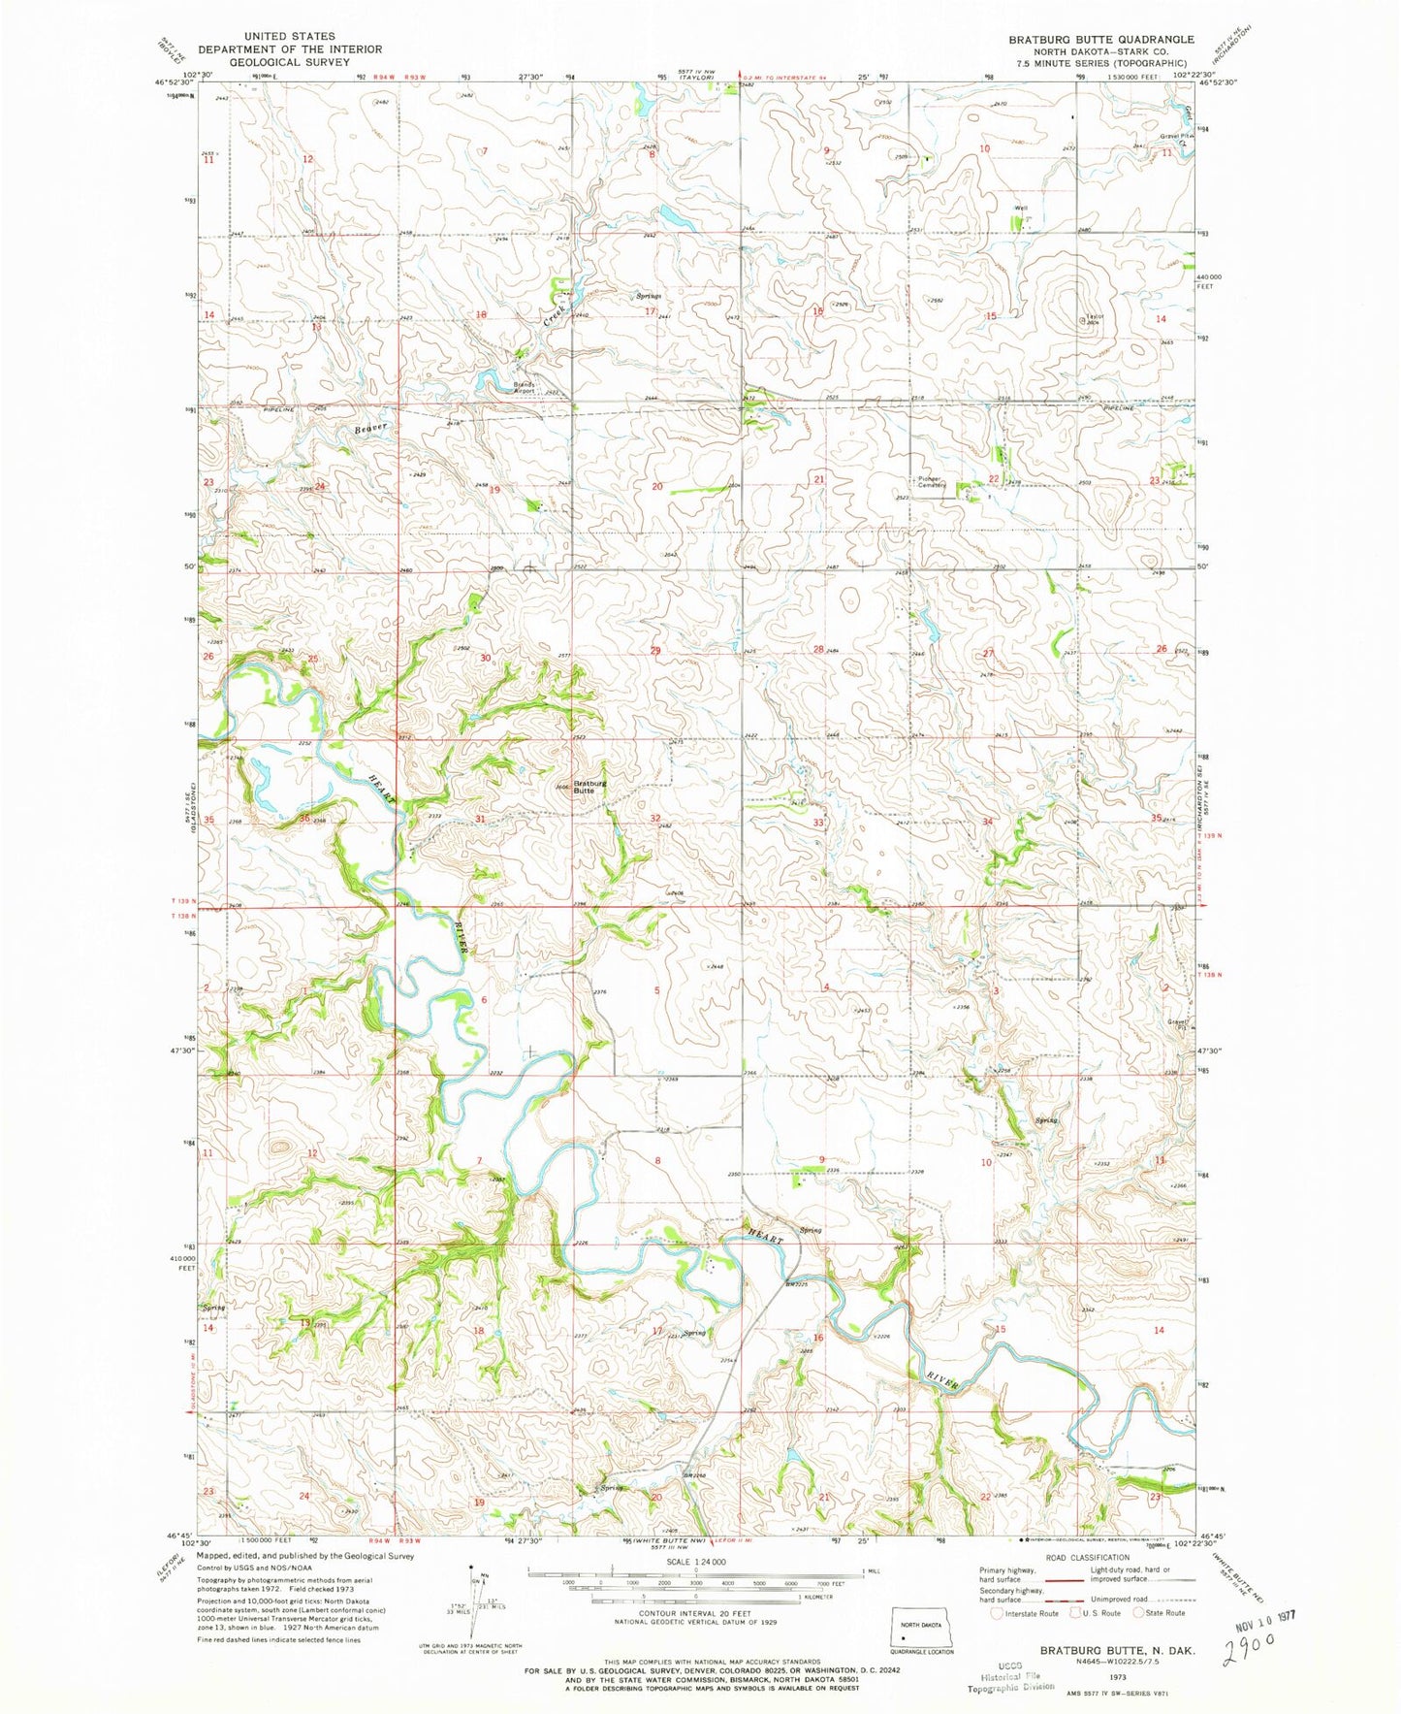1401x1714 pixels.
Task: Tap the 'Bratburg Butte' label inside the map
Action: coord(589,787)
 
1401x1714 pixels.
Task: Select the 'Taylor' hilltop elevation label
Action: coord(1095,317)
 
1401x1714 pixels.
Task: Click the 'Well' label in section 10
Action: coord(1020,208)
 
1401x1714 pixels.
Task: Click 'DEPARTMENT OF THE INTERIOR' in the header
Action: coord(290,49)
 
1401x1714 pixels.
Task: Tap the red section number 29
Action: coord(655,650)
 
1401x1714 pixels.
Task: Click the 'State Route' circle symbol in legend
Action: coord(1141,1613)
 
